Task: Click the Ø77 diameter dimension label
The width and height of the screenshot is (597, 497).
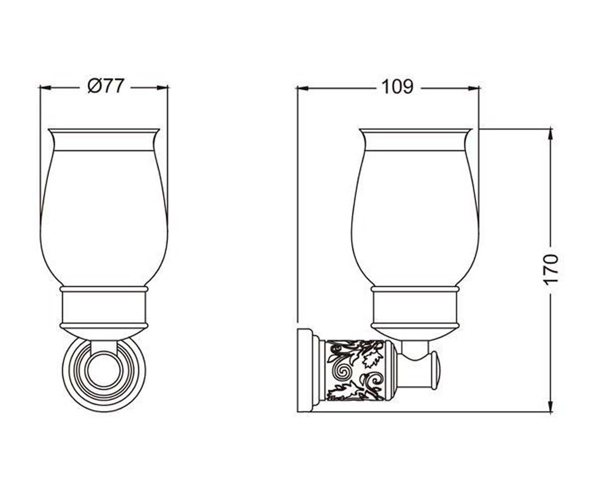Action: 106,85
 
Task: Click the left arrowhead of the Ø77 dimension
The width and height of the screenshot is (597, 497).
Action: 45,87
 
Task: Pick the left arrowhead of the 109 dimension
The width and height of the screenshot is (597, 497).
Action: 303,88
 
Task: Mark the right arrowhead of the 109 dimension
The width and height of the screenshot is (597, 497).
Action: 474,88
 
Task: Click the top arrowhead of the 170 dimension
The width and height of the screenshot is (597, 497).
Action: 551,135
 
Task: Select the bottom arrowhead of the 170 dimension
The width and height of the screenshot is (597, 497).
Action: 551,406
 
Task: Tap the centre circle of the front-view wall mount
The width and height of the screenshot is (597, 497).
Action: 104,371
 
